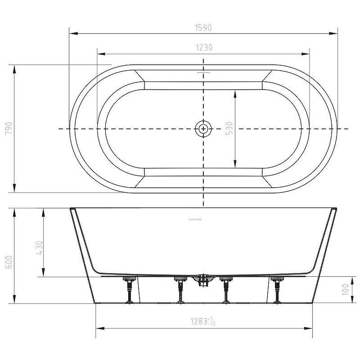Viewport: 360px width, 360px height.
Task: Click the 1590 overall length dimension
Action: pos(203,28)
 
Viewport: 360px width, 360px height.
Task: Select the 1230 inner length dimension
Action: pos(204,48)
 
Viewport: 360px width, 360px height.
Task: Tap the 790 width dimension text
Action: pos(9,128)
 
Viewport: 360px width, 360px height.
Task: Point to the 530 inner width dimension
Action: pos(229,128)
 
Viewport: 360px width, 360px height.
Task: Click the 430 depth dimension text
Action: pos(39,248)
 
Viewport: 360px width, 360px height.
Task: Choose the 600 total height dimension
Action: pos(9,262)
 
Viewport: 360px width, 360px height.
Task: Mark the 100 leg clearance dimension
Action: pos(345,289)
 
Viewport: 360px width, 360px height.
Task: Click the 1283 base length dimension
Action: pos(203,321)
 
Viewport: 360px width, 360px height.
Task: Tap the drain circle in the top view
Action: pos(203,129)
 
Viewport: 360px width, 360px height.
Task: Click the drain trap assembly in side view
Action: pos(203,280)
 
